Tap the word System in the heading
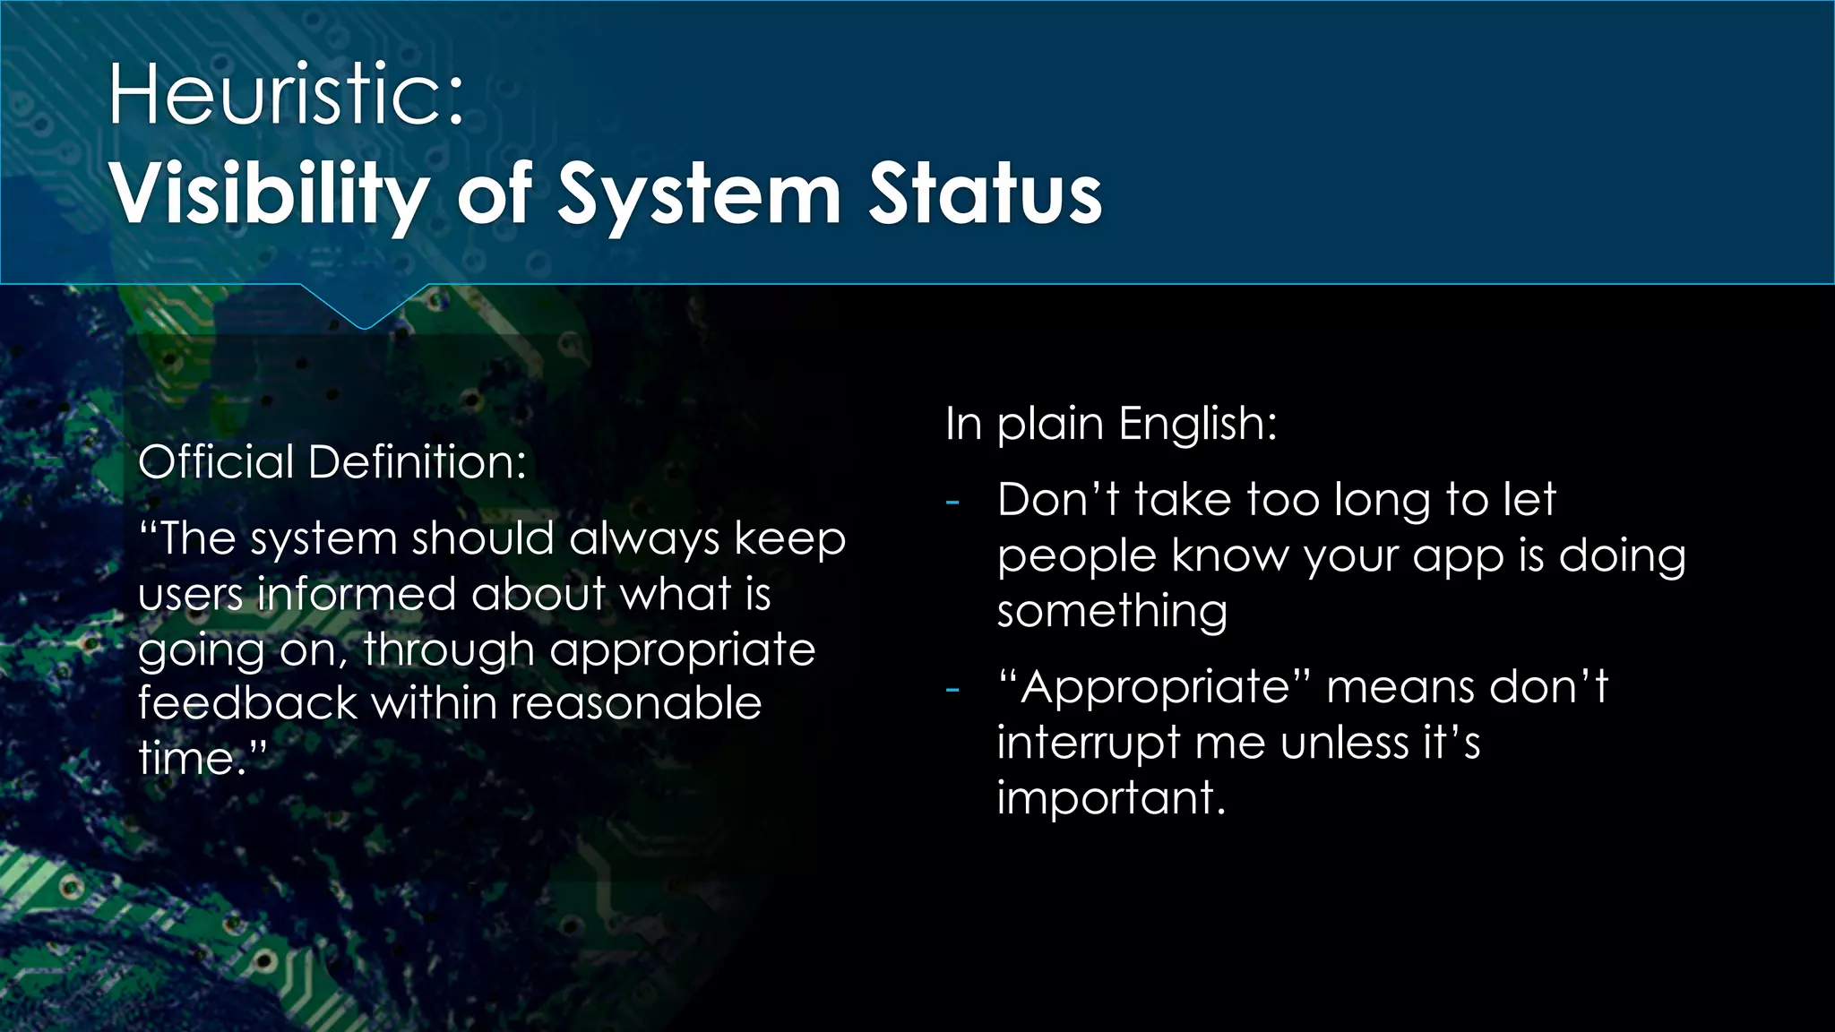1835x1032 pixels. (x=699, y=194)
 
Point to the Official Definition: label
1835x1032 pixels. (x=332, y=462)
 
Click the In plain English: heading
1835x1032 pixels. (x=1111, y=423)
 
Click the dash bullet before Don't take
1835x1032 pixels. (x=952, y=502)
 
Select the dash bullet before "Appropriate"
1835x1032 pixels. (x=952, y=690)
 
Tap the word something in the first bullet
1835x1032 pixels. (x=1112, y=611)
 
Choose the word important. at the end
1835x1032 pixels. (x=1111, y=797)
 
